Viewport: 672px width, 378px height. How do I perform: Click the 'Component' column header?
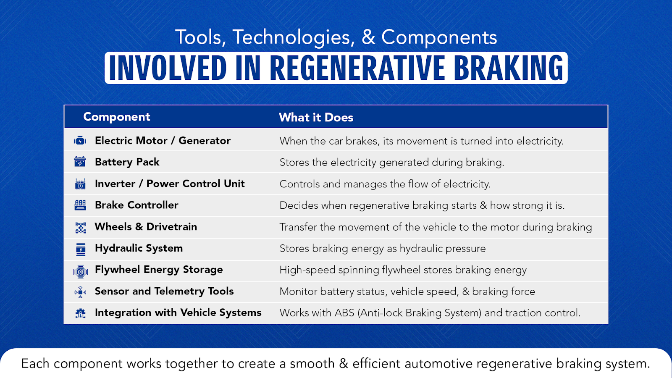[116, 117]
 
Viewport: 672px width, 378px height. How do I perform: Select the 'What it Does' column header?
[316, 118]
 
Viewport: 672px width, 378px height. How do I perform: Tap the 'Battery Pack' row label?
[127, 162]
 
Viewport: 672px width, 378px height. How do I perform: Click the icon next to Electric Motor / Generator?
[80, 141]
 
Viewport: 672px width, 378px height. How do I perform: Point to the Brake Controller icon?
[80, 205]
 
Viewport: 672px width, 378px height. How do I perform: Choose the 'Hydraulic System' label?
[139, 248]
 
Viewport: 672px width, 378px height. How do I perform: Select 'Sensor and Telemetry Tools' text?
[164, 291]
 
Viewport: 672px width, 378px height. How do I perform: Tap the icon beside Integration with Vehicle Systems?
[80, 313]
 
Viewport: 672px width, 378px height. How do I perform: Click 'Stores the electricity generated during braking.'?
[391, 163]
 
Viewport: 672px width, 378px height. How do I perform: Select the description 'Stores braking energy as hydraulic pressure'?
[382, 249]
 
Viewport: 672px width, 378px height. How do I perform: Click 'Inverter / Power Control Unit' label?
[170, 184]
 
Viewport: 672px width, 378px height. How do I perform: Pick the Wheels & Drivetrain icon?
[80, 228]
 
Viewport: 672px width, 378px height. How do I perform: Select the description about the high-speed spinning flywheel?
[403, 270]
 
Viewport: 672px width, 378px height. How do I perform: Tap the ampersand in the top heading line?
[368, 38]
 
